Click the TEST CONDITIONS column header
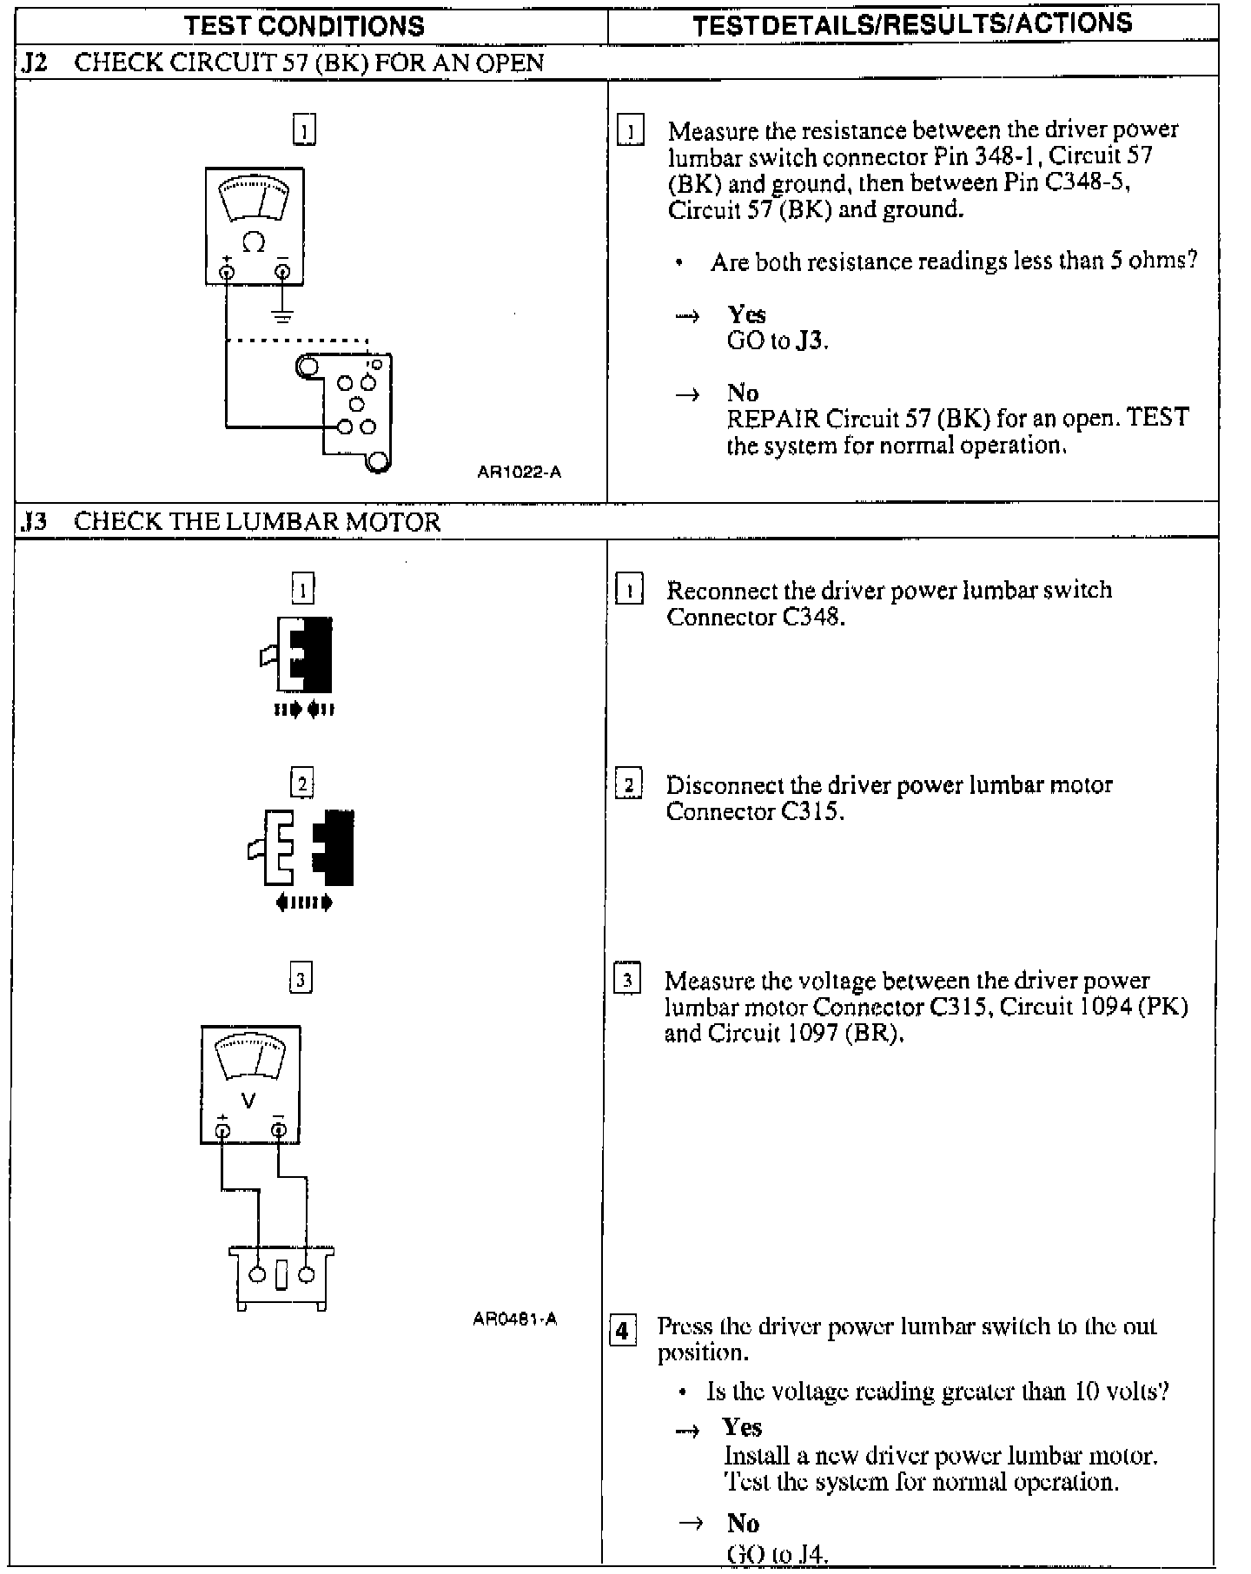(304, 25)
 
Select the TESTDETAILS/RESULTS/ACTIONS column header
(912, 23)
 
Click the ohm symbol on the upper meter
(254, 242)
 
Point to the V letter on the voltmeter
(248, 1101)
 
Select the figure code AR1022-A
(520, 472)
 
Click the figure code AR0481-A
(514, 1319)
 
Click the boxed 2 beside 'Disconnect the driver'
(628, 784)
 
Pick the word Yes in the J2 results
(747, 314)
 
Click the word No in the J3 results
(743, 1523)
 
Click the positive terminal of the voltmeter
(223, 1130)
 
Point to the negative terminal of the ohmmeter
(282, 272)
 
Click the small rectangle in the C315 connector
(281, 1277)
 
